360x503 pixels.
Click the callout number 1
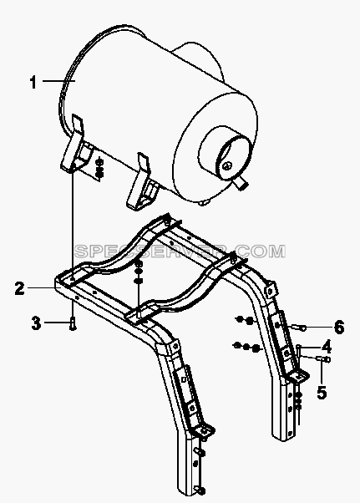click(33, 82)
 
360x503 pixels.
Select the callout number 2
click(20, 288)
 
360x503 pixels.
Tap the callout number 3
click(36, 323)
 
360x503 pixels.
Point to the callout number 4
click(326, 347)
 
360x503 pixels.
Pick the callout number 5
click(322, 393)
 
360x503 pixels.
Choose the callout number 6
click(338, 328)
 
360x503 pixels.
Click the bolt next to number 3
click(73, 323)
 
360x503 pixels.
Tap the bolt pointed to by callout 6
click(299, 328)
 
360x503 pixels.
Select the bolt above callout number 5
click(323, 358)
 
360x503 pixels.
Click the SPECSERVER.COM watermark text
click(180, 251)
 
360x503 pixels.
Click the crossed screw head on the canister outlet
click(227, 165)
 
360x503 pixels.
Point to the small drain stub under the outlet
click(241, 184)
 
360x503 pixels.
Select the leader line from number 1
click(58, 81)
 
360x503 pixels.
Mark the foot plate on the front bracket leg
click(203, 431)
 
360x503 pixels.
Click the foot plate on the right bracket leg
click(298, 375)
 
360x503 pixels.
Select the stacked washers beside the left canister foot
click(99, 167)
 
